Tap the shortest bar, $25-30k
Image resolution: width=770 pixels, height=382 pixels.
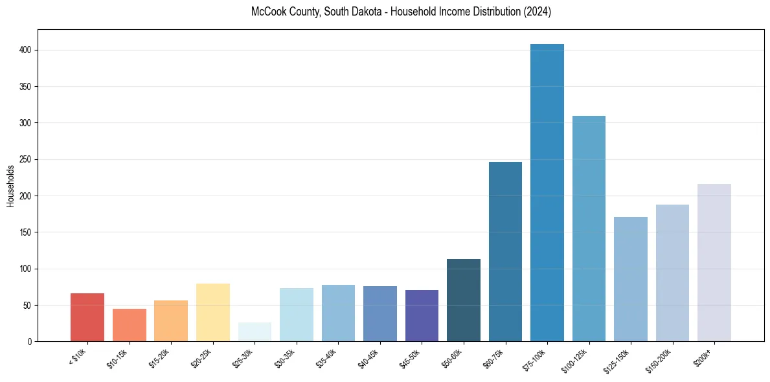pyautogui.click(x=255, y=332)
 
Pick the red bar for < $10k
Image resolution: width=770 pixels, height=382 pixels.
pyautogui.click(x=87, y=317)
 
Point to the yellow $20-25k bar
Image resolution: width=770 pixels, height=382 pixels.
pyautogui.click(x=213, y=313)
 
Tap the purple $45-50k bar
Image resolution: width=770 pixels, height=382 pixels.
pyautogui.click(x=422, y=316)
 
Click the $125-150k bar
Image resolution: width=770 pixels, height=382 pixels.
pyautogui.click(x=631, y=279)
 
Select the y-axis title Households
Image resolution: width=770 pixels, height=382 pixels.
pyautogui.click(x=11, y=186)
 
